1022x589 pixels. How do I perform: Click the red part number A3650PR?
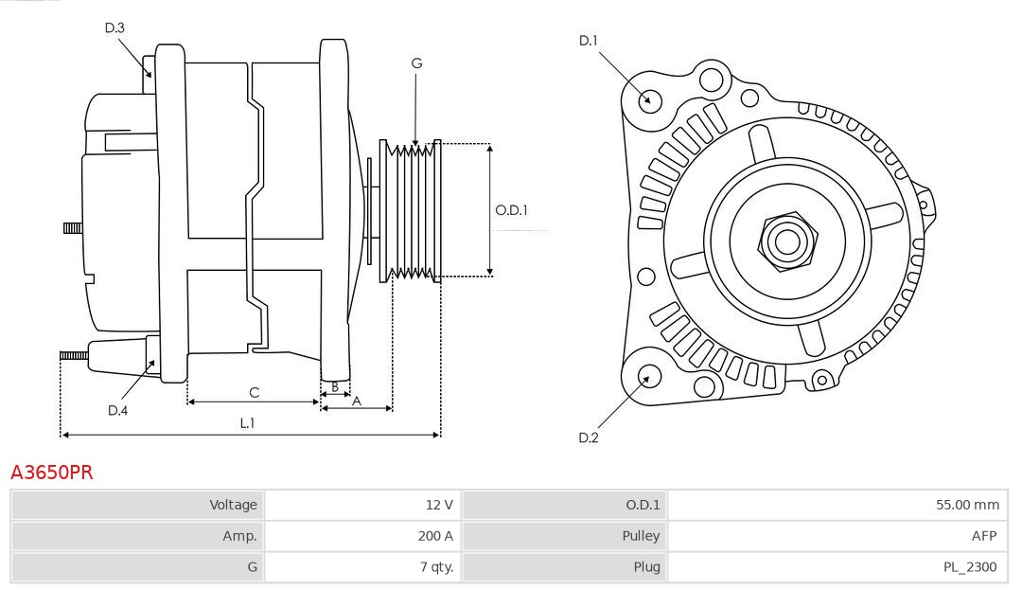tap(52, 473)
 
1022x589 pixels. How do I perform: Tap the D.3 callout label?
tap(115, 28)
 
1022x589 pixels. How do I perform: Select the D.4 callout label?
tap(117, 410)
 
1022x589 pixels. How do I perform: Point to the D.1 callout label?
tap(589, 41)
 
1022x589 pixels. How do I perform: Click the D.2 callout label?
tap(589, 437)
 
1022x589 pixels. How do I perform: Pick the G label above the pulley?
tap(416, 63)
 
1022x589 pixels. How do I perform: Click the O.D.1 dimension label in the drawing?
tap(511, 210)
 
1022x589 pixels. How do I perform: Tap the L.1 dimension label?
tap(247, 423)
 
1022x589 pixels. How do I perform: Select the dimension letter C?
tap(254, 392)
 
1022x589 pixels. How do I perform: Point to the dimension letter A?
tap(356, 401)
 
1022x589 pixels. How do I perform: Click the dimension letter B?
tap(334, 386)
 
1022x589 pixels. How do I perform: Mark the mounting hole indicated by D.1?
tap(650, 99)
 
